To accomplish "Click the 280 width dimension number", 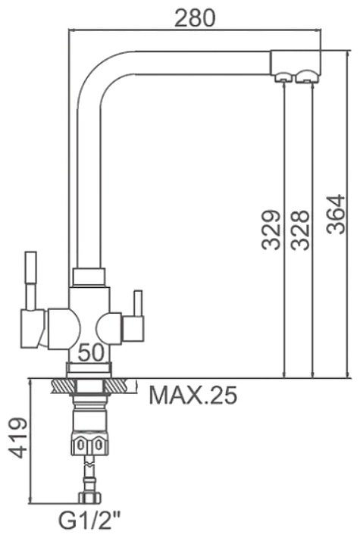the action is click(195, 18).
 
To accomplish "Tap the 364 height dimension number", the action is click(336, 214).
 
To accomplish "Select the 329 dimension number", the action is click(271, 230).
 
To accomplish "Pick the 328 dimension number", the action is click(300, 230).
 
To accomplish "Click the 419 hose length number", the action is click(18, 438).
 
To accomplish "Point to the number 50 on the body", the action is click(91, 352).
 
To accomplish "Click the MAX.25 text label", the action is click(193, 396).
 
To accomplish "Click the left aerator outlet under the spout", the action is click(283, 77).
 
